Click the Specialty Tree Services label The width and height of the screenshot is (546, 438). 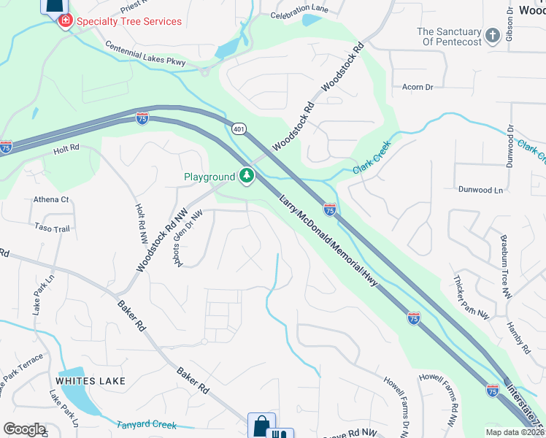pos(128,21)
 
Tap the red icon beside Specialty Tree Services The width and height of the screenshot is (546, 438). pos(65,20)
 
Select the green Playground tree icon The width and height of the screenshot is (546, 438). pos(247,176)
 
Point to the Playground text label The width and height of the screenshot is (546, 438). pos(209,177)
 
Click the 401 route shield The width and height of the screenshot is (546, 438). pos(239,128)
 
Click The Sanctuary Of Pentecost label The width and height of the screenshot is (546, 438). pos(449,36)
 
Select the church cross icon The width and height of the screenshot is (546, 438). pos(493,35)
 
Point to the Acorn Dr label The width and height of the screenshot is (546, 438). pos(418,87)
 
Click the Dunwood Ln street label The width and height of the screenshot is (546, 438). pos(481,190)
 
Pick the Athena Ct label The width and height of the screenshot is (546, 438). pos(51,199)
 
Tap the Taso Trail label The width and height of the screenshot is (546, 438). pos(51,228)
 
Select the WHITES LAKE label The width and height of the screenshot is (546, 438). pos(91,381)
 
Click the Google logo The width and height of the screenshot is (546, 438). pos(24,429)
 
